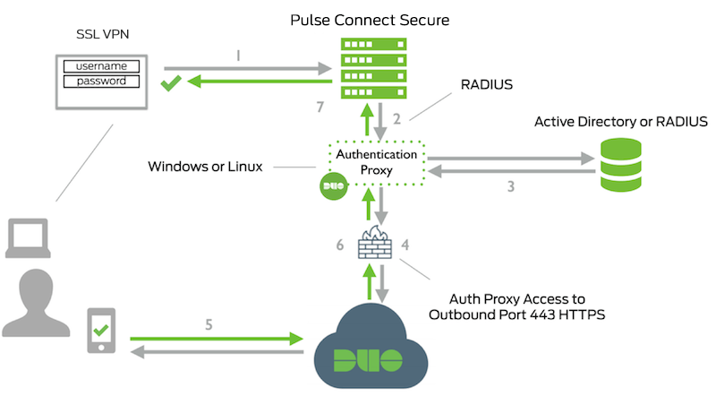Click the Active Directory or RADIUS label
[x=621, y=121]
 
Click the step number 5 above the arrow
[x=209, y=324]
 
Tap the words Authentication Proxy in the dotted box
[x=376, y=161]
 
